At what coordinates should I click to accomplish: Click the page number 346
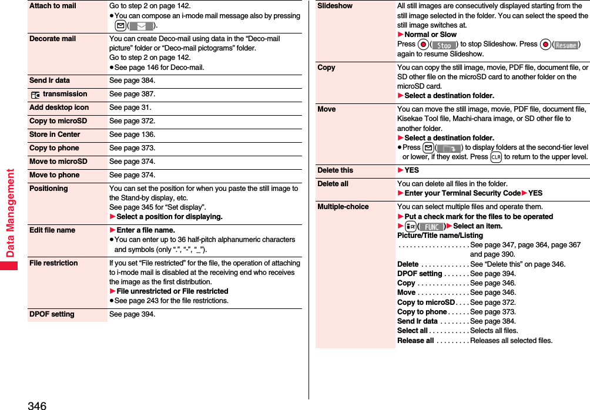(x=36, y=405)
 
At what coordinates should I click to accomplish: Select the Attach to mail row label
(x=53, y=6)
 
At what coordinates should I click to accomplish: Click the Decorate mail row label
(x=52, y=39)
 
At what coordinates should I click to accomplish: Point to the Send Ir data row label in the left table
(x=49, y=80)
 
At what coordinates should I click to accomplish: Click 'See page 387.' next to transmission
(x=132, y=94)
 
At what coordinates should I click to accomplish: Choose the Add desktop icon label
(x=59, y=107)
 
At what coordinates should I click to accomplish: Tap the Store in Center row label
(x=55, y=135)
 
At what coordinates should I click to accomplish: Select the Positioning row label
(x=49, y=189)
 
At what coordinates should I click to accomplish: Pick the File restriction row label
(x=53, y=263)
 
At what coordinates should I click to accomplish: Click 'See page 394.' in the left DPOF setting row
(x=132, y=314)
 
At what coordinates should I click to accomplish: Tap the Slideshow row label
(x=335, y=6)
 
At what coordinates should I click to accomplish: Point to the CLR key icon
(x=496, y=157)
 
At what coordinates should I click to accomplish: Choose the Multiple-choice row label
(x=343, y=207)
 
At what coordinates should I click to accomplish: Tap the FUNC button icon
(x=431, y=227)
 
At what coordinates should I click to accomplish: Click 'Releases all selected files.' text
(x=511, y=341)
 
